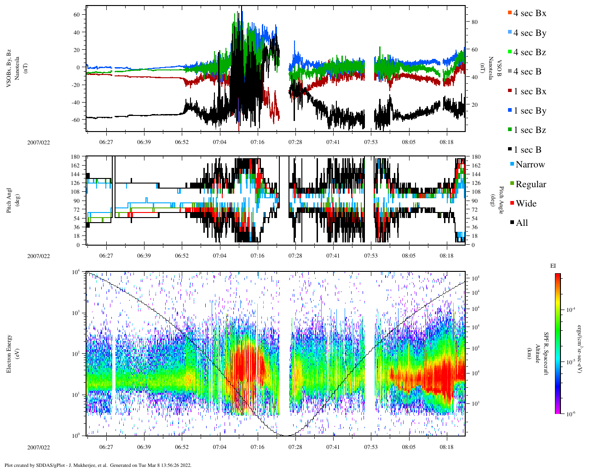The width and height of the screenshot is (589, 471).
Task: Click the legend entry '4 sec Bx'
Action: pos(529,13)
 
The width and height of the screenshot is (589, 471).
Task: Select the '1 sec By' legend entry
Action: pos(529,111)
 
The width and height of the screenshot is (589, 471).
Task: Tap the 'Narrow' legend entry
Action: pos(530,165)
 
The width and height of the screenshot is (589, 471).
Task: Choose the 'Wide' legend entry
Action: pos(525,204)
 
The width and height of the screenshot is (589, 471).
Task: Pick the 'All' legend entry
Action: pos(521,223)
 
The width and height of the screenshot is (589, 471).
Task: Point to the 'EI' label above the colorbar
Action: pos(553,266)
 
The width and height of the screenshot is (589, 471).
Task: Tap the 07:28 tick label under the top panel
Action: pos(295,142)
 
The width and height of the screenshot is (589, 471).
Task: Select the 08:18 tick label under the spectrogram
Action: pos(446,447)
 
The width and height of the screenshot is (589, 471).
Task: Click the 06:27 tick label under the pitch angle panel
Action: pos(106,256)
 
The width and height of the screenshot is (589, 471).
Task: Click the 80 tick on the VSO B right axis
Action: pos(474,22)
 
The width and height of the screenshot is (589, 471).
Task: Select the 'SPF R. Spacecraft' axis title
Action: pos(546,354)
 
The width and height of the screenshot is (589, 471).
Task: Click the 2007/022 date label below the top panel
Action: pos(38,142)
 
